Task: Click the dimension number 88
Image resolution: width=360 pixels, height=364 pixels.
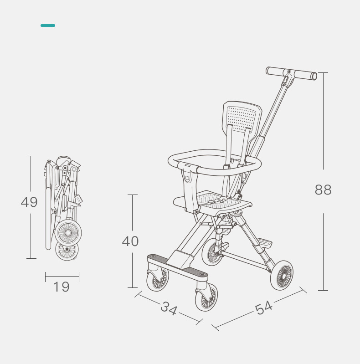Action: pyautogui.click(x=323, y=190)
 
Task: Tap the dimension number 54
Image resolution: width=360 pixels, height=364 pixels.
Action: pyautogui.click(x=264, y=308)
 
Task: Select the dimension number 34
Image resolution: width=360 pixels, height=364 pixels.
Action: pyautogui.click(x=169, y=309)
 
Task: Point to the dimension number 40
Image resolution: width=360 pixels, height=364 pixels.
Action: pyautogui.click(x=130, y=241)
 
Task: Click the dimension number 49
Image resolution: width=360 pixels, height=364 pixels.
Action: pyautogui.click(x=29, y=202)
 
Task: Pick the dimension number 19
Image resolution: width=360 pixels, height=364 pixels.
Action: pyautogui.click(x=62, y=287)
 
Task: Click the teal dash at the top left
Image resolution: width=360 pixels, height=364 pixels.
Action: pyautogui.click(x=48, y=26)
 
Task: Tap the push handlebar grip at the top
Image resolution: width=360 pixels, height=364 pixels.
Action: pyautogui.click(x=292, y=73)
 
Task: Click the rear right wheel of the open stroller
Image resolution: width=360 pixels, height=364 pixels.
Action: pyautogui.click(x=282, y=275)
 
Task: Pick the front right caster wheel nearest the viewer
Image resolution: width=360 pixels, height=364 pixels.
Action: pyautogui.click(x=206, y=297)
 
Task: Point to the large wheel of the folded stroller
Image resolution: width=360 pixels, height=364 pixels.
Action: pyautogui.click(x=68, y=233)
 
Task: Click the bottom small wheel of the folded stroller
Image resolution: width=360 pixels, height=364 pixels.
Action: pyautogui.click(x=67, y=250)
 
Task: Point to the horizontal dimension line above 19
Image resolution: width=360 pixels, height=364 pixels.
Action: pyautogui.click(x=62, y=276)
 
